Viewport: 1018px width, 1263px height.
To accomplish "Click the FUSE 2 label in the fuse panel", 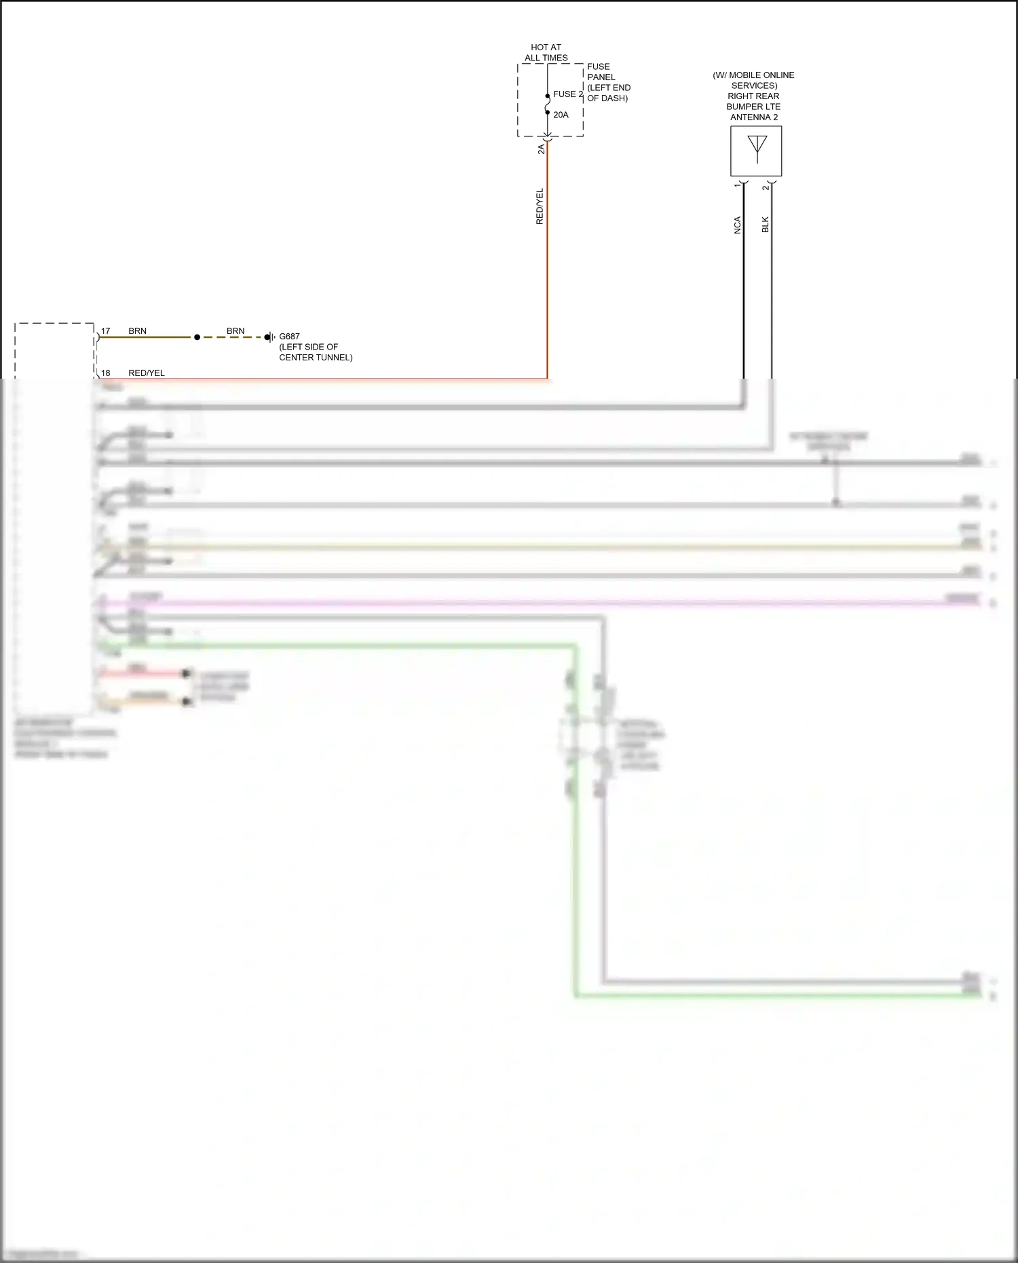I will (x=567, y=94).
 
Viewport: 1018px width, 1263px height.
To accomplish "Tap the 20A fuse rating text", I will (x=561, y=115).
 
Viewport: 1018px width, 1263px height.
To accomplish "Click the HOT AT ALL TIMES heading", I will (x=546, y=52).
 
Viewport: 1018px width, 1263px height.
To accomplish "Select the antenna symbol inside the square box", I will (x=757, y=149).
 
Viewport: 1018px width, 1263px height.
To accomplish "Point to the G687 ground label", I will (x=289, y=336).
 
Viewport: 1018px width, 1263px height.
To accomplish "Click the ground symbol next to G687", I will (x=270, y=337).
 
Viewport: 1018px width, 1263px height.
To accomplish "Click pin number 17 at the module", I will (x=106, y=331).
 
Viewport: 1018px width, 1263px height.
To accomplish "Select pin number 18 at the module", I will (x=106, y=373).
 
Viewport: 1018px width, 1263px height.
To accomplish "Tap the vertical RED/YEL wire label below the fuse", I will (x=540, y=206).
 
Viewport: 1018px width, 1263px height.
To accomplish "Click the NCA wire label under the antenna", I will (x=737, y=225).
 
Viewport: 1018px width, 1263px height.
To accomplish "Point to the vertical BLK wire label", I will (x=765, y=225).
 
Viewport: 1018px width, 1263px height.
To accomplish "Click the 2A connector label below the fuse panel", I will (x=541, y=149).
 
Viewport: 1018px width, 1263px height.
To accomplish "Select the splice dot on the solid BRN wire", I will (x=197, y=337).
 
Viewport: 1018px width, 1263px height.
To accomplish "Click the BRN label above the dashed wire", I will (x=235, y=331).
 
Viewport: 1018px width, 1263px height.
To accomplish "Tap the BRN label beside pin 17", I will (x=138, y=331).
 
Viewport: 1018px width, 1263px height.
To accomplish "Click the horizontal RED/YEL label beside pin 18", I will (x=147, y=373).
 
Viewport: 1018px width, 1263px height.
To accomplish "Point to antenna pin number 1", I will (x=737, y=185).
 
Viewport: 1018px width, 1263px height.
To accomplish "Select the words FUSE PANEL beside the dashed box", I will (x=601, y=72).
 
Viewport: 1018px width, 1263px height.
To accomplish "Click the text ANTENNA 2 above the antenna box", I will (x=754, y=117).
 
